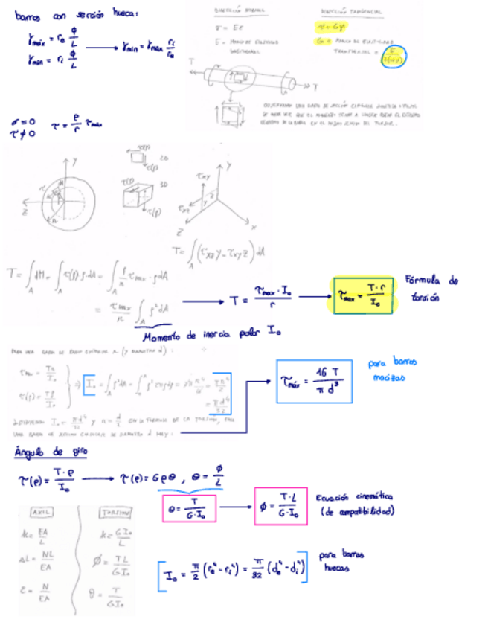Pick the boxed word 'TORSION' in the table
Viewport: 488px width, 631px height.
(x=115, y=512)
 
